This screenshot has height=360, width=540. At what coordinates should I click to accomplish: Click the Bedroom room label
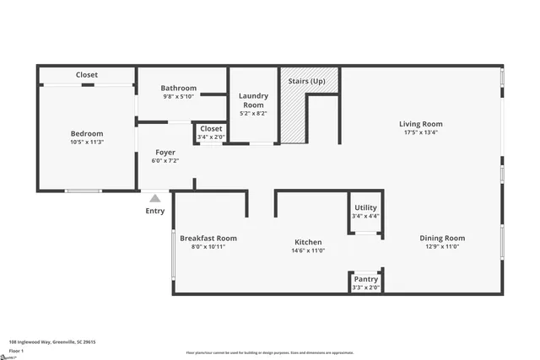86,133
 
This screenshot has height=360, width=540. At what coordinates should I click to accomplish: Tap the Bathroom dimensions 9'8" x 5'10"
179,97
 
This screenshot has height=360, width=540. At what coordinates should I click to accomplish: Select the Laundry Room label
253,100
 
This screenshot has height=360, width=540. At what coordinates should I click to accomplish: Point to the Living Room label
420,124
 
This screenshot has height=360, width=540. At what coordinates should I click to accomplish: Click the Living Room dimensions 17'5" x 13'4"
420,132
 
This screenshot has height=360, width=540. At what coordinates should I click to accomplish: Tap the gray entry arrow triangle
155,198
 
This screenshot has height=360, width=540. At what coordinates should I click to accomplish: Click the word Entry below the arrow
155,211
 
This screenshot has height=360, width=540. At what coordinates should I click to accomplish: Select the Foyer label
165,153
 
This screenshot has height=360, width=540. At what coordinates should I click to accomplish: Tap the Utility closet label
365,207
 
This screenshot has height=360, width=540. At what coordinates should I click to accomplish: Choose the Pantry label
365,279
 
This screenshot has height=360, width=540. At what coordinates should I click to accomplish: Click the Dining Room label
442,239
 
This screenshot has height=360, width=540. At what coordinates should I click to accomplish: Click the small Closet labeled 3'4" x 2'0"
211,132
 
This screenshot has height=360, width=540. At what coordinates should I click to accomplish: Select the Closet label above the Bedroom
87,75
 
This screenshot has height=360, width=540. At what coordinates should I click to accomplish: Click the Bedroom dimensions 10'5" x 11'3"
86,142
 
